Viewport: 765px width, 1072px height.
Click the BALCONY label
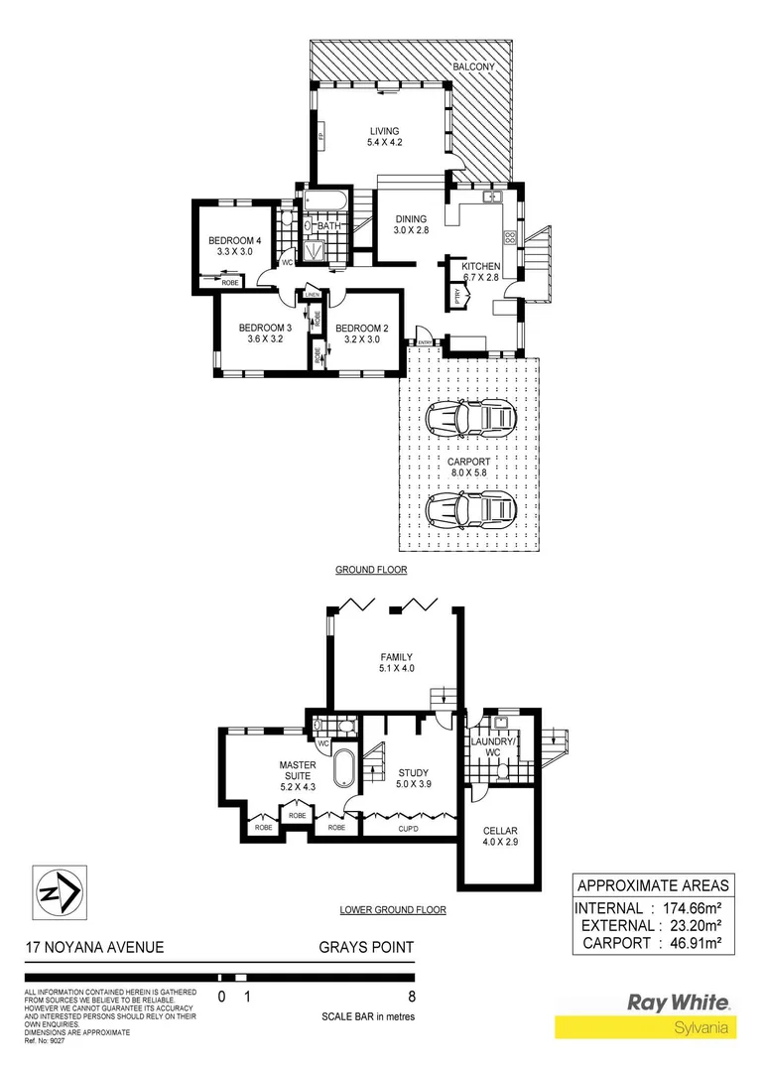click(x=473, y=67)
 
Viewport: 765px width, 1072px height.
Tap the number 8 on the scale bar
click(x=412, y=996)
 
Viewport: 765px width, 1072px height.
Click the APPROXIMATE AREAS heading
click(x=653, y=885)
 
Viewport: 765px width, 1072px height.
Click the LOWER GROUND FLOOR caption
click(x=392, y=909)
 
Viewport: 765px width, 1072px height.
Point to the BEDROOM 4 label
click(x=234, y=240)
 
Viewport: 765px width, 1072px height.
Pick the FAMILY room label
click(x=396, y=656)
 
